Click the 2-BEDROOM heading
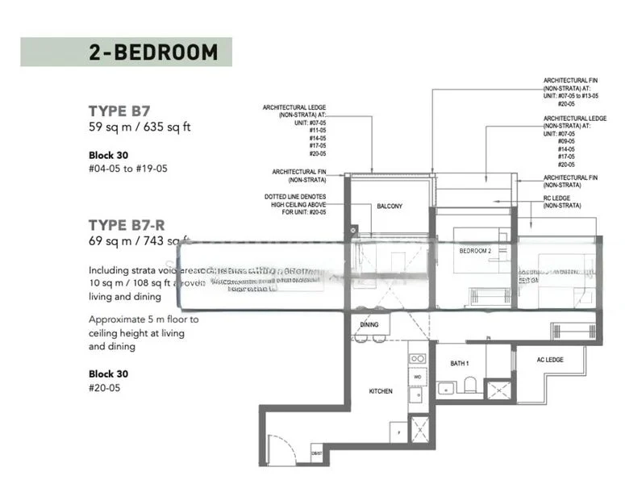(153, 52)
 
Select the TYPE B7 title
(119, 111)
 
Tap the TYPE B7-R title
(130, 224)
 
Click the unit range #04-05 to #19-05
(128, 169)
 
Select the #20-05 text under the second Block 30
(105, 388)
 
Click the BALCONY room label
(390, 207)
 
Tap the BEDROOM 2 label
(475, 251)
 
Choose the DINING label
(369, 324)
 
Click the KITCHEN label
(381, 391)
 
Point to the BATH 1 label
(460, 364)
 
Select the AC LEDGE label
(550, 359)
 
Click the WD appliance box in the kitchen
(418, 376)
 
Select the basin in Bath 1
(447, 388)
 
